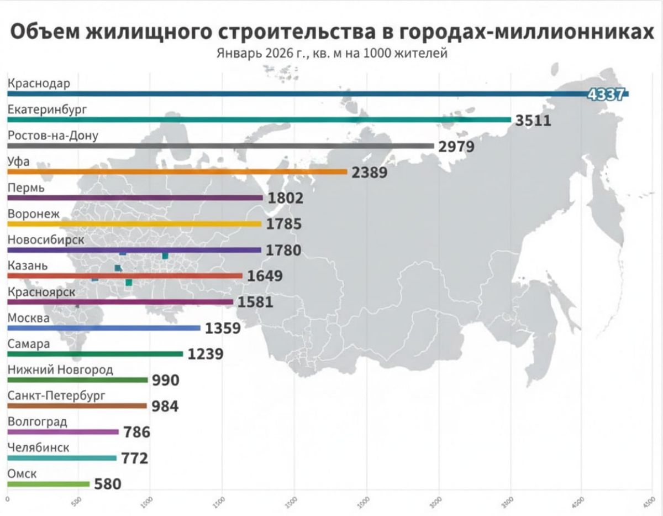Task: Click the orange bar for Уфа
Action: [177, 172]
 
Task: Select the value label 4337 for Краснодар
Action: [606, 94]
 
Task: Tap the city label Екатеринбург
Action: [47, 110]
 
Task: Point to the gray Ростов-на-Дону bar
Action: [221, 146]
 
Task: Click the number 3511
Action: [533, 120]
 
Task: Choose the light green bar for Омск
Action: [49, 484]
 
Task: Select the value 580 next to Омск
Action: [108, 484]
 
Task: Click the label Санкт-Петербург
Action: [56, 395]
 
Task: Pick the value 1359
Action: [223, 329]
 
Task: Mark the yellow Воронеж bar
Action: [134, 224]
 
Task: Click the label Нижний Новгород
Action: [60, 369]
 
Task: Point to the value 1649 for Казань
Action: [265, 276]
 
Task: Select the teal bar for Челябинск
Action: [62, 458]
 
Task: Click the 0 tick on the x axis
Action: [7, 499]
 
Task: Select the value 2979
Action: [457, 147]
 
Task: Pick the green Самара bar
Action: [95, 354]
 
